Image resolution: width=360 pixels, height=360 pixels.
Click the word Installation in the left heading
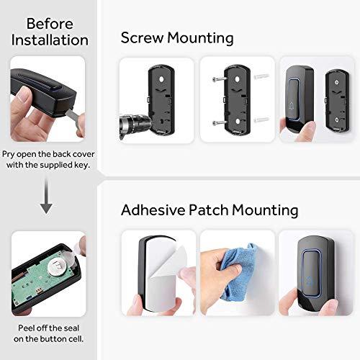(49, 40)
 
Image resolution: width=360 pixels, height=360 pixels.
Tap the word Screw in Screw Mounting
(143, 37)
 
